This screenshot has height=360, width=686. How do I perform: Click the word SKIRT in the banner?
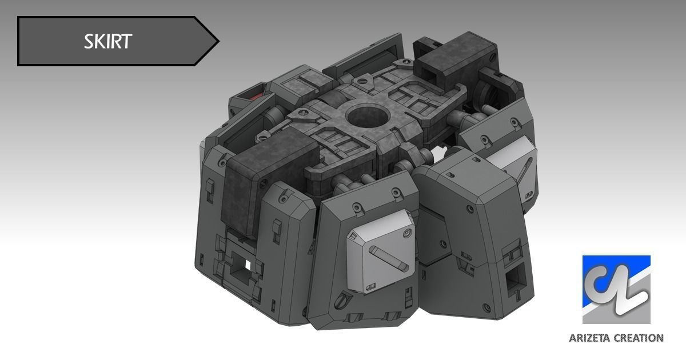108,41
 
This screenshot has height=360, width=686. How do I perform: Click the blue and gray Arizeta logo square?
616,290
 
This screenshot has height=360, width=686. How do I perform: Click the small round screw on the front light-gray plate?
406,232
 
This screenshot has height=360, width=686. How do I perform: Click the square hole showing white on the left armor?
245,264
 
